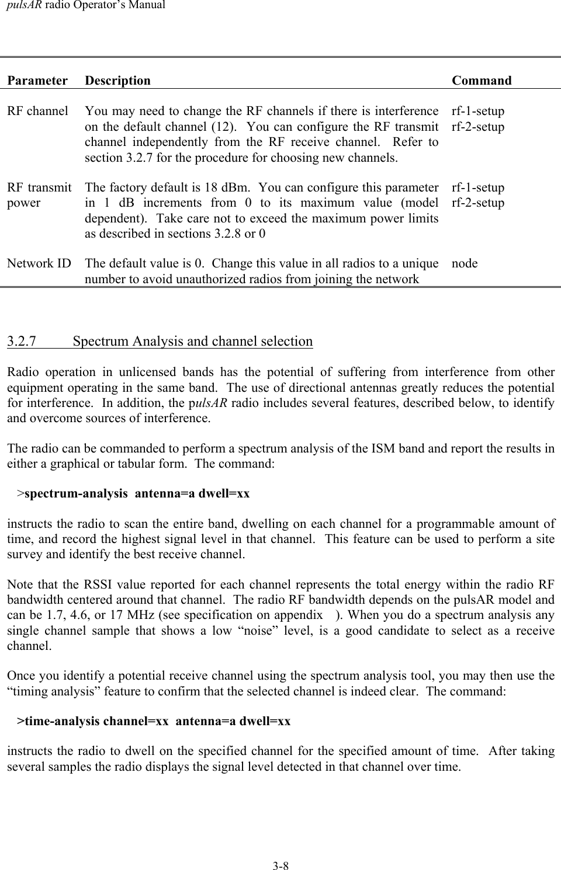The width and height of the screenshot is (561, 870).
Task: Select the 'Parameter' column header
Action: coord(37,81)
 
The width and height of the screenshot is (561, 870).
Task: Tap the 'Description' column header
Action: coord(117,81)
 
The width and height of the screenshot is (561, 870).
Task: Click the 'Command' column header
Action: coord(482,81)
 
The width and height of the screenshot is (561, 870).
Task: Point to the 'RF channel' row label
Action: coord(37,111)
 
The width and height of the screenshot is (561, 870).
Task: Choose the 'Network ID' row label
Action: coord(39,263)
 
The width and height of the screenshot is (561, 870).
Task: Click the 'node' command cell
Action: coord(465,263)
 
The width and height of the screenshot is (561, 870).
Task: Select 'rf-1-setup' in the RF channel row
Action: coord(478,111)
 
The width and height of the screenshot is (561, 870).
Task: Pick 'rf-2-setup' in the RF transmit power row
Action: coord(478,203)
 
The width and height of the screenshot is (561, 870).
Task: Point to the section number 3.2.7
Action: coord(22,341)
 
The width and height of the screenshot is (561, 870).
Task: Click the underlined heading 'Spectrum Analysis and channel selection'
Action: coord(193,341)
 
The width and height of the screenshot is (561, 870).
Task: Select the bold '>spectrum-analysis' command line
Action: coord(133,493)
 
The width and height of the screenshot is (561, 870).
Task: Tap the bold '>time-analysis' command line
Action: coord(154,721)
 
